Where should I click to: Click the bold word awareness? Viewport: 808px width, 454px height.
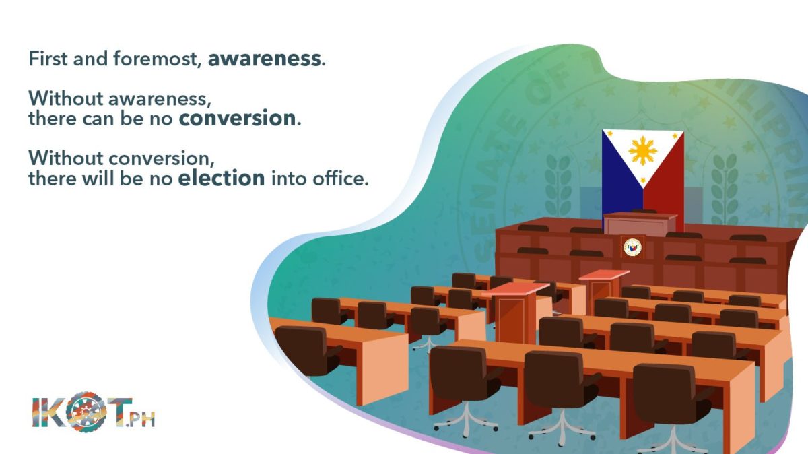265,59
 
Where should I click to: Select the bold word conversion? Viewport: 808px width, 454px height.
237,118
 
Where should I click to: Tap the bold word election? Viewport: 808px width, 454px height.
222,178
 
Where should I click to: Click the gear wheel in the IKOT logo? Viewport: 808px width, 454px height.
86,412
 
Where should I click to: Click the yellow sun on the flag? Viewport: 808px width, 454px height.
642,151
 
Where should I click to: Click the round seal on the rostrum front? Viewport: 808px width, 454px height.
632,247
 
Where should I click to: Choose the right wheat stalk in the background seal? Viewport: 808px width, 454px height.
724,188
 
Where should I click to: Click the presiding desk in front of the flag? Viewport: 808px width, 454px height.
640,224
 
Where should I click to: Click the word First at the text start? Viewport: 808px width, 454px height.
48,59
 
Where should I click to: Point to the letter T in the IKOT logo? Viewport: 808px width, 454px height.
119,412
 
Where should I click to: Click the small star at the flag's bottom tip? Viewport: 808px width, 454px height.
642,180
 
